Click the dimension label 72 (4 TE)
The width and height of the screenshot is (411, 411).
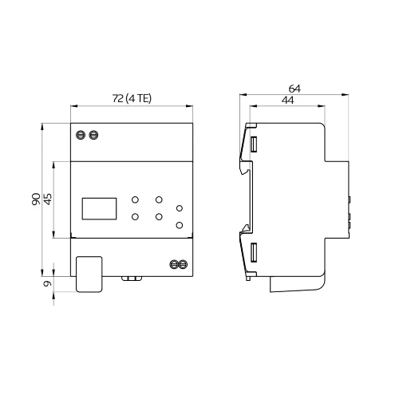132,98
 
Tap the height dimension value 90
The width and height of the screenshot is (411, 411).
37,199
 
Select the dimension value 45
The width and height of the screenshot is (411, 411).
48,199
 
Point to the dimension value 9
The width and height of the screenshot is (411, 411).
48,283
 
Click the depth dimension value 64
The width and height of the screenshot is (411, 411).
295,88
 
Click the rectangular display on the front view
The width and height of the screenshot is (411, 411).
100,208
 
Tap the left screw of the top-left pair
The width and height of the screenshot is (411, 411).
80,135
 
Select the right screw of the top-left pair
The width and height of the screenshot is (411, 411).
93,135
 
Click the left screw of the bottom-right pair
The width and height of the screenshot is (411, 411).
173,263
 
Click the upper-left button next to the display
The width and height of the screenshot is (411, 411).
136,200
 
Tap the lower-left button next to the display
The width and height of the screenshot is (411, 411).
136,216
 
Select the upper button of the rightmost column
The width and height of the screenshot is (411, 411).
180,208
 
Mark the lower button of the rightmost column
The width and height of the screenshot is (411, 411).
180,224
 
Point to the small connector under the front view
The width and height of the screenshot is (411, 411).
130,279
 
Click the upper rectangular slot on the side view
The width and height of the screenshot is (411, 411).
254,145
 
